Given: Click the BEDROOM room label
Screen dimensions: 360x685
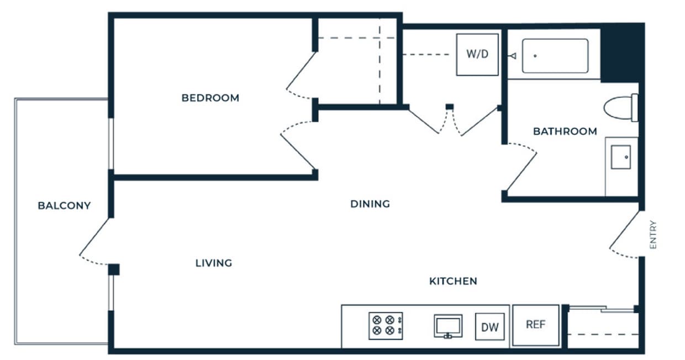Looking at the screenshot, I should (x=210, y=98).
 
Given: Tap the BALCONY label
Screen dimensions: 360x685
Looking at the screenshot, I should (x=64, y=206).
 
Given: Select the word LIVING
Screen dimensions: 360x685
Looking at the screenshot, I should (x=214, y=263).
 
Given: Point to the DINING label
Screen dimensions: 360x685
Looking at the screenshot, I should (x=370, y=204).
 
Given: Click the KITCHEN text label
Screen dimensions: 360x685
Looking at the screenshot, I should (x=453, y=282).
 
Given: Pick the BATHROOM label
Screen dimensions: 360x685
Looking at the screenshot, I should (x=565, y=131).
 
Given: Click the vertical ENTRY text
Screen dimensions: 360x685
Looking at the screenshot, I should (x=653, y=235).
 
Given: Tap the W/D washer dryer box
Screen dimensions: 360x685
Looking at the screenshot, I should (x=477, y=55).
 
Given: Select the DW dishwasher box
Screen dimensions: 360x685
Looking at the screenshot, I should (x=490, y=327).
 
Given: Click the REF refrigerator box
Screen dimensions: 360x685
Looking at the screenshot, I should (x=535, y=325).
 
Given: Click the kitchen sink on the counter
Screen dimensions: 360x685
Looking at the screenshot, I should (x=447, y=326).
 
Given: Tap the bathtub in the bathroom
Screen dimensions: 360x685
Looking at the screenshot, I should (x=555, y=56).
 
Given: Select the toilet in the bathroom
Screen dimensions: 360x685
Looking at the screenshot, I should (x=620, y=108).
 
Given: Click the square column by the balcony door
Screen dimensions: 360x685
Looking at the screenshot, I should (x=114, y=269).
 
